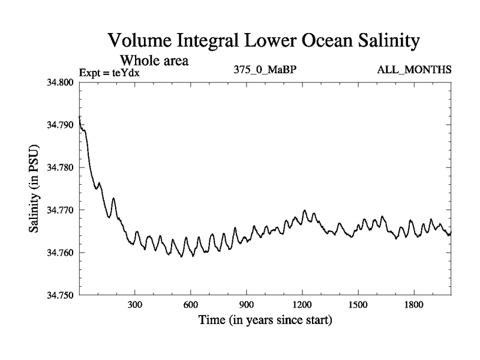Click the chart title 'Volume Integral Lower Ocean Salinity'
click(263, 41)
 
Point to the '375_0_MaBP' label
click(265, 70)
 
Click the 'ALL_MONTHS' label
click(413, 70)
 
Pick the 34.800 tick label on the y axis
click(61, 82)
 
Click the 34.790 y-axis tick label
click(61, 125)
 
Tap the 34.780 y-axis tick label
click(61, 167)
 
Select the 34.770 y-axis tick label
click(61, 210)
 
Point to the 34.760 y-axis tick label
click(61, 253)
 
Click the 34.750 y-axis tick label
click(61, 295)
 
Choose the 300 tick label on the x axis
click(135, 305)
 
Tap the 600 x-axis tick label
click(191, 305)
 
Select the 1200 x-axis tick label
click(302, 305)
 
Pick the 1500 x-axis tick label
click(358, 305)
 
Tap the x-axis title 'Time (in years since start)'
click(265, 320)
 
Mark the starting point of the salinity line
click(80, 116)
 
